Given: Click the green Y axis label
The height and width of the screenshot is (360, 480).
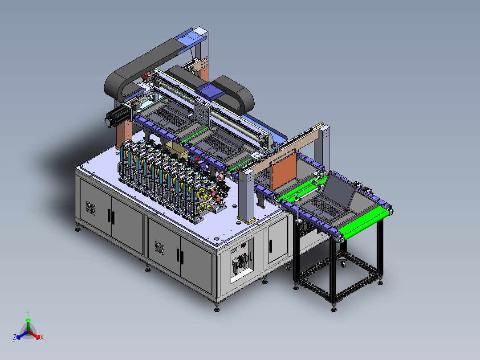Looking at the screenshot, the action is point(28,313).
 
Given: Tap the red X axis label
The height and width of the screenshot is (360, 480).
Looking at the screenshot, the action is point(42,337).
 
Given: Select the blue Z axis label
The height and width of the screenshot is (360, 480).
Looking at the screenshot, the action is point(15,337).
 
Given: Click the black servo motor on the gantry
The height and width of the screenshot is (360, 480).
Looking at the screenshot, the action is point(114,117).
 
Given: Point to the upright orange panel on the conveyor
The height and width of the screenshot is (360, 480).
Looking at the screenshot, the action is point(284,171).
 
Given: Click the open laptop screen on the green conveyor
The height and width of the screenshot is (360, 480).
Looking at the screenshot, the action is point(340,190).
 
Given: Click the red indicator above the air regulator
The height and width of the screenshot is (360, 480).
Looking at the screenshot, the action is point(244,245).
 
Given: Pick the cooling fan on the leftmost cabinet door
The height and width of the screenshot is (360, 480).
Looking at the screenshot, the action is point(91,209).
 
